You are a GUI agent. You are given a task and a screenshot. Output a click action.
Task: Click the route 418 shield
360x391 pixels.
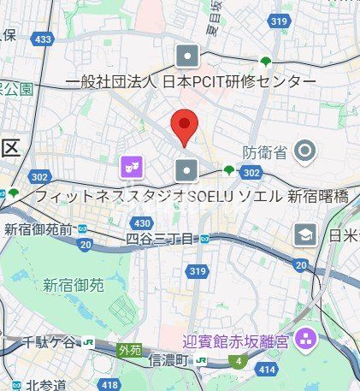click(x=109, y=386)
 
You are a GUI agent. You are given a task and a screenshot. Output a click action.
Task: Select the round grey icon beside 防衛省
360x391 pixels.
click(x=304, y=152)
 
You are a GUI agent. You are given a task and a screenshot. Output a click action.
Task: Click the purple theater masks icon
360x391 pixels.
click(x=131, y=166)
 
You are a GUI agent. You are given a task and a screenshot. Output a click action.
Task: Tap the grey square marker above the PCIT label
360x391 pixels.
click(x=187, y=56)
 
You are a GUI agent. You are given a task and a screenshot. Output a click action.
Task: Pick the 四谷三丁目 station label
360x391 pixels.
click(x=160, y=240)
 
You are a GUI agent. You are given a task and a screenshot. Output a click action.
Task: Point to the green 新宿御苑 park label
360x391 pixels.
click(x=74, y=284)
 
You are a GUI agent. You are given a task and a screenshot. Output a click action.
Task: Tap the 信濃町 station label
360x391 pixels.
click(x=168, y=361)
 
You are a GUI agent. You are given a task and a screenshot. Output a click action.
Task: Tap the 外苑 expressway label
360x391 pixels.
click(x=129, y=349)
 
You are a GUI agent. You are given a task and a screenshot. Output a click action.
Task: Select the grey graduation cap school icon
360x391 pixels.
click(x=305, y=234)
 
